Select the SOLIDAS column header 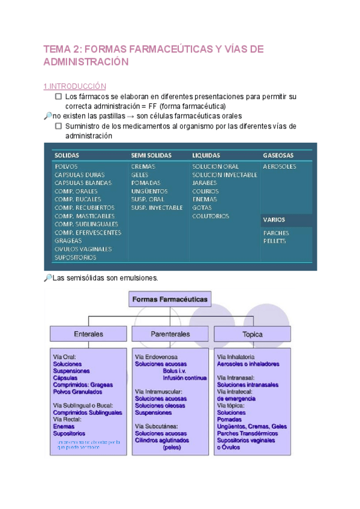coord(67,155)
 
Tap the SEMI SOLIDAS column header coord(151,155)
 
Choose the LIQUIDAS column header coord(206,155)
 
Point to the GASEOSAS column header coord(278,155)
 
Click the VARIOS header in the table coord(274,220)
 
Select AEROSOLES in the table coord(279,166)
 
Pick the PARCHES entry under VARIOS coord(275,233)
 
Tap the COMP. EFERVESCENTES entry coord(88,232)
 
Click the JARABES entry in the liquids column coord(205,183)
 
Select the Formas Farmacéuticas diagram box coord(170,299)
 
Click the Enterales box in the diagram coord(88,334)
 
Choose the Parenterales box coord(170,334)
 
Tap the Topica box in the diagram coord(253,334)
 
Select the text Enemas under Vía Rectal coord(64,426)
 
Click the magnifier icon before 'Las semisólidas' coord(48,278)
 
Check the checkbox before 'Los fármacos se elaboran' coord(58,96)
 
